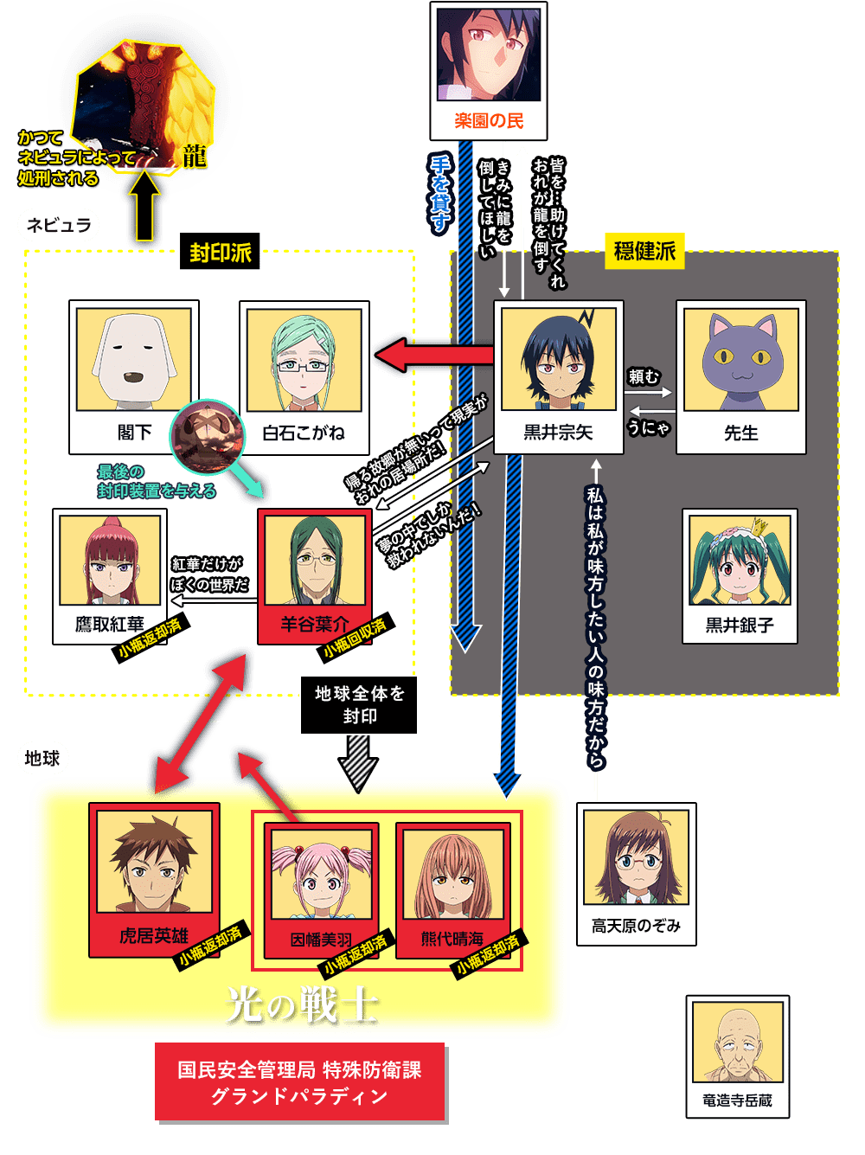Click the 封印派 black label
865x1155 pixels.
[219, 251]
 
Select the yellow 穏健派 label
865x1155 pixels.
[644, 251]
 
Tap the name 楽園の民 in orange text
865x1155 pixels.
[489, 121]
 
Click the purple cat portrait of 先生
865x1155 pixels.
[740, 359]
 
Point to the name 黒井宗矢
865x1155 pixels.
[558, 433]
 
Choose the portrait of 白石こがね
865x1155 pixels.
[304, 360]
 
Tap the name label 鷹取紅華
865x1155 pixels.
[109, 624]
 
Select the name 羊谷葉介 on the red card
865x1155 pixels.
[315, 624]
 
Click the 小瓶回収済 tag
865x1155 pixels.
[356, 637]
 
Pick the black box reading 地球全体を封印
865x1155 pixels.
[359, 704]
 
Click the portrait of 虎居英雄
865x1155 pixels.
[154, 862]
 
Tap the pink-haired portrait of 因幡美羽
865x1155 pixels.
[321, 875]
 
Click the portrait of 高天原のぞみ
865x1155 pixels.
[636, 857]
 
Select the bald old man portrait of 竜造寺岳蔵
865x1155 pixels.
[737, 1042]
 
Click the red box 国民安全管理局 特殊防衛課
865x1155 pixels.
[299, 1081]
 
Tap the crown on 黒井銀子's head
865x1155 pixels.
[759, 527]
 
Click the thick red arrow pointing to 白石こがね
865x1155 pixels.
[434, 356]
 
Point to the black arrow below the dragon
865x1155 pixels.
[144, 205]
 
